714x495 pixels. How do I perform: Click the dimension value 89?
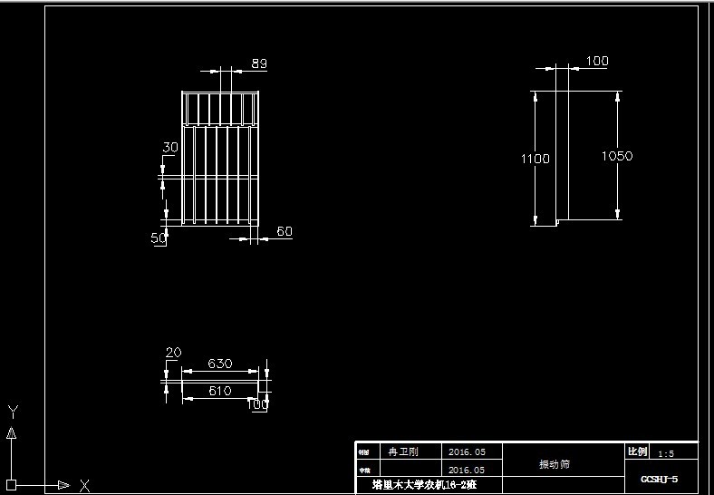click(x=259, y=63)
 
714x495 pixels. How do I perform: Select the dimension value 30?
click(x=170, y=147)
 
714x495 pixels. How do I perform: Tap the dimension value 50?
click(x=159, y=238)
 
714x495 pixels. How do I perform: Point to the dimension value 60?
click(x=284, y=232)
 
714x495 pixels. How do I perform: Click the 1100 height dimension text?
click(x=535, y=159)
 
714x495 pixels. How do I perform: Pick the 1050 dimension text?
click(x=617, y=156)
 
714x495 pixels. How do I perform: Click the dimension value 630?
click(x=220, y=364)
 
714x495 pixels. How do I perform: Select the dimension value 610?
click(x=220, y=391)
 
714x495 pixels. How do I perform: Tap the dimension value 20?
click(x=174, y=353)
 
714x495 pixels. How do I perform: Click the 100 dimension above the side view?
click(x=597, y=62)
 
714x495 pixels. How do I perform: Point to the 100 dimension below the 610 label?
click(x=257, y=405)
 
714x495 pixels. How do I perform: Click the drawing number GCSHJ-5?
click(x=659, y=479)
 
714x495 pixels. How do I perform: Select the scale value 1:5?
click(x=666, y=453)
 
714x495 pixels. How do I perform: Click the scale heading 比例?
click(x=638, y=451)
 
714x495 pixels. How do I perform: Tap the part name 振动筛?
click(x=555, y=464)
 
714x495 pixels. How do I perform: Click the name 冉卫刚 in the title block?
click(x=403, y=451)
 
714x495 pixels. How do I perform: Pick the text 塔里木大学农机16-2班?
click(x=424, y=485)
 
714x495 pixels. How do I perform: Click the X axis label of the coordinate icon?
click(x=84, y=485)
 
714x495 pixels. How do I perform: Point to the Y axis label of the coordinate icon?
click(x=13, y=412)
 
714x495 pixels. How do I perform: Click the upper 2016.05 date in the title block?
click(x=468, y=451)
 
